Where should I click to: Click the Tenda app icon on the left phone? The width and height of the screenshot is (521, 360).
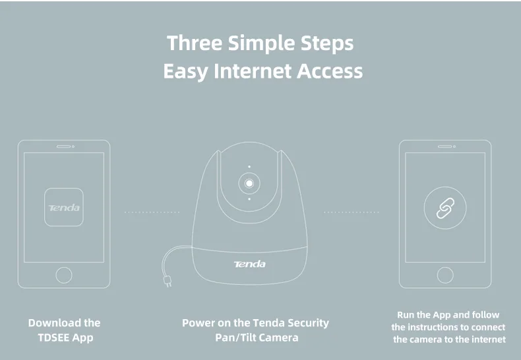point(64,208)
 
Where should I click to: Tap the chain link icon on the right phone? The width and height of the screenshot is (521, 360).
point(444,208)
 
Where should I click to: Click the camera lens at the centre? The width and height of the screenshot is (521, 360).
point(249,182)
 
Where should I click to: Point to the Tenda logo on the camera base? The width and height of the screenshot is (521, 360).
point(249,264)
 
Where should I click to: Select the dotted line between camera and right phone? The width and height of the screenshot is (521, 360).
point(351,212)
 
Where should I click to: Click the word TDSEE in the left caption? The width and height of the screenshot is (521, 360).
point(53,338)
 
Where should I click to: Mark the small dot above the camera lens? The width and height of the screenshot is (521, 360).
point(249,166)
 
